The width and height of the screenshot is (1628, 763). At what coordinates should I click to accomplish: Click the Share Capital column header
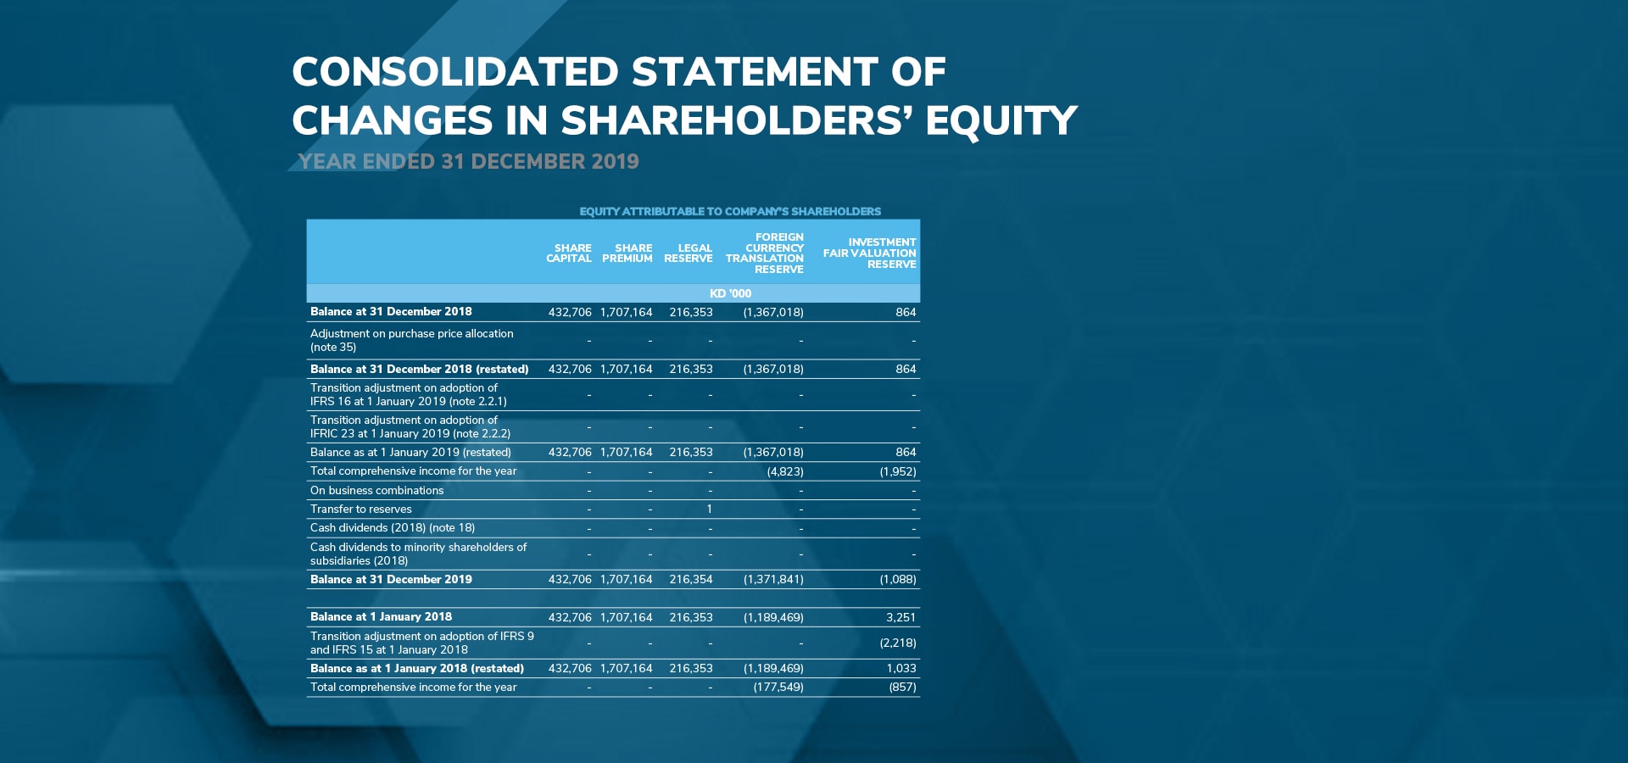click(x=569, y=253)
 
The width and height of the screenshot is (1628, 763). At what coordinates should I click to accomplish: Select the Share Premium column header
click(x=627, y=253)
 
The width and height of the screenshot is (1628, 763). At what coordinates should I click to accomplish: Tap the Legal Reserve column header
click(x=689, y=253)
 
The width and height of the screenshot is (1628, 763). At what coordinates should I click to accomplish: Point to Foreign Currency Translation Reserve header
click(x=765, y=253)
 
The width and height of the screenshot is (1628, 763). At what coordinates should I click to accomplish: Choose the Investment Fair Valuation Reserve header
click(x=870, y=253)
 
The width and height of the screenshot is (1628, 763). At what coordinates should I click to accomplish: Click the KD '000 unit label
click(x=730, y=293)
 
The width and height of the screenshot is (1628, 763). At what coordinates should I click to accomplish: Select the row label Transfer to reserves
click(x=361, y=510)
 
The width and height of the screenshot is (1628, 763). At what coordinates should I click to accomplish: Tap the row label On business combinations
click(x=377, y=491)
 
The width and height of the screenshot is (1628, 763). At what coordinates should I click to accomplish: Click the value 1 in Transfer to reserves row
click(x=709, y=510)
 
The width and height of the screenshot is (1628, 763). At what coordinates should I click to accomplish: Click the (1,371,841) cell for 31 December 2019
click(x=773, y=580)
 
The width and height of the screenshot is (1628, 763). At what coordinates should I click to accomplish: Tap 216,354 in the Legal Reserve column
click(x=691, y=580)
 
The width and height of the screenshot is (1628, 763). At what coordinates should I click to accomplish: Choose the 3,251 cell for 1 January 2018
click(x=901, y=618)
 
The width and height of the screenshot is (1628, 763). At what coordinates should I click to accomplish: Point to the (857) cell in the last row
click(x=903, y=688)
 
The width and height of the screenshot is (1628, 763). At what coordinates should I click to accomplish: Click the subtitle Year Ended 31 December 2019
click(x=469, y=162)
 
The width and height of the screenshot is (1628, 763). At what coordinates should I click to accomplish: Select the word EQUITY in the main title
click(x=1001, y=120)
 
